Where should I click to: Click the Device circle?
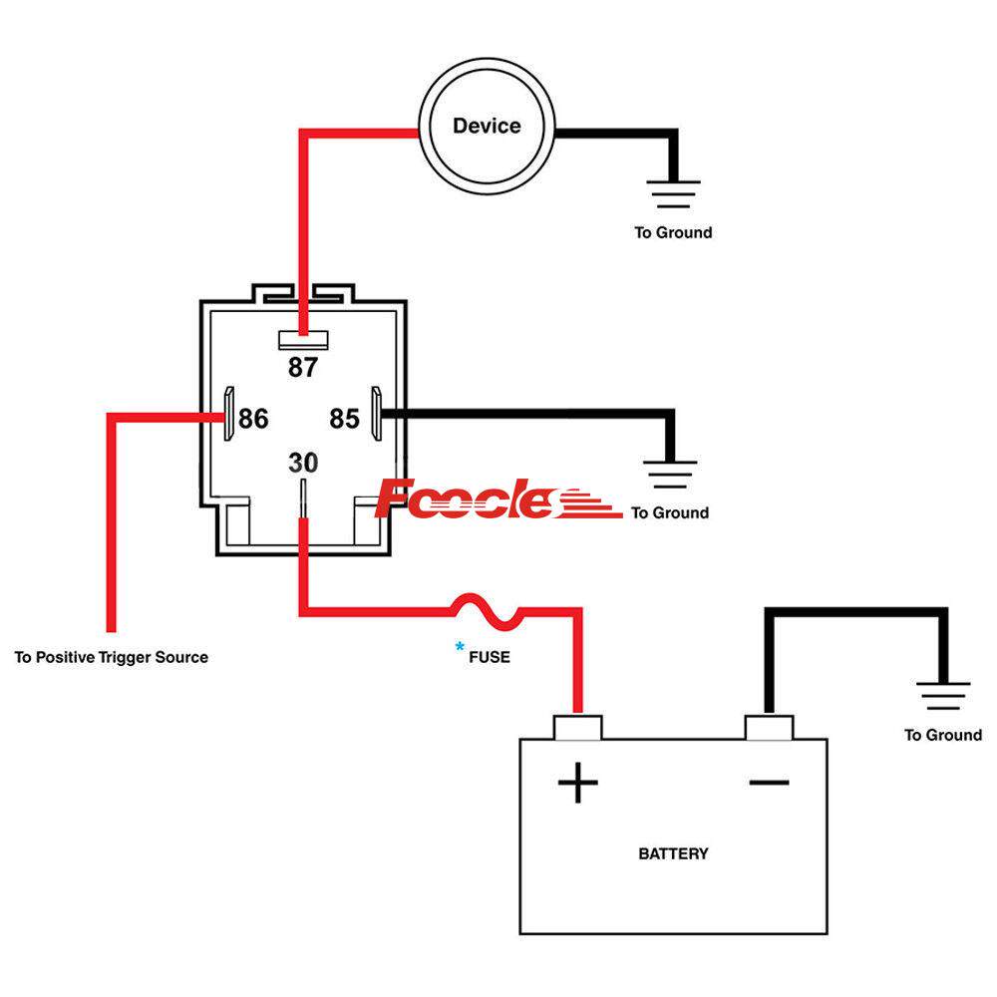point(486,127)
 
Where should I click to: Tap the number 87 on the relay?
point(302,368)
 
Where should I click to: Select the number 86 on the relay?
point(253,419)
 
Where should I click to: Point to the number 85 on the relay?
point(345,419)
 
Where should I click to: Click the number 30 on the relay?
point(303,464)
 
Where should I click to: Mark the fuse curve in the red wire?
point(488,611)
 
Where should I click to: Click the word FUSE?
point(490,657)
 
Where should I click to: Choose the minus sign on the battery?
point(769,783)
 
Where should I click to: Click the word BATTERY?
point(673,853)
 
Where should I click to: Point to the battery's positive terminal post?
point(577,727)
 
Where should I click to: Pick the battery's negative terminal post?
point(769,727)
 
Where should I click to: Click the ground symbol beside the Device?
point(674,193)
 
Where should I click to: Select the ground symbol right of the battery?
point(942,696)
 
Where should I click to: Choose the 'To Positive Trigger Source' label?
point(112,657)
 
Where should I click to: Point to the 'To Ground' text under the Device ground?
point(674,232)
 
